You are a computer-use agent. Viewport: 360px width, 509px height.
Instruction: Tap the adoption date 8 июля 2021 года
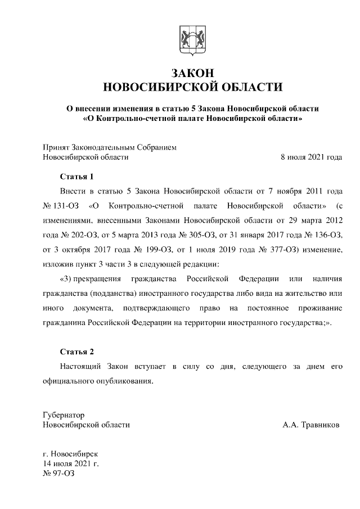coord(311,157)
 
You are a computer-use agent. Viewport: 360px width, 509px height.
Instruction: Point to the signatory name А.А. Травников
coord(311,425)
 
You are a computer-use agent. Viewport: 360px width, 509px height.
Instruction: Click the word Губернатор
coord(64,415)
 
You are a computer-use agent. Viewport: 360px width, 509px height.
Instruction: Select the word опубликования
coord(124,381)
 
